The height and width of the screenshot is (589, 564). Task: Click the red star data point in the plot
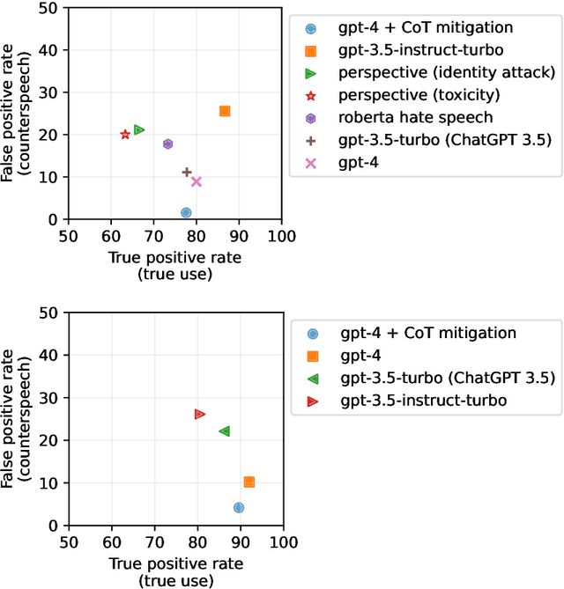(x=125, y=135)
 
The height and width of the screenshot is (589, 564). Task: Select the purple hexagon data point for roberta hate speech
(x=167, y=144)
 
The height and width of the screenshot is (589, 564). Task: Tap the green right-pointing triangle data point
(x=138, y=129)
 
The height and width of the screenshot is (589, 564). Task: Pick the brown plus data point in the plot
(x=187, y=173)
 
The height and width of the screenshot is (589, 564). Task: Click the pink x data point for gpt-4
(x=197, y=181)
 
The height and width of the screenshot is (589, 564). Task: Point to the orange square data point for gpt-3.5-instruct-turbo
(x=225, y=111)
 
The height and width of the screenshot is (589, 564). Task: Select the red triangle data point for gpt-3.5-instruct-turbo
(x=199, y=414)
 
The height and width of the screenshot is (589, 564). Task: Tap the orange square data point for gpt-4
(x=249, y=482)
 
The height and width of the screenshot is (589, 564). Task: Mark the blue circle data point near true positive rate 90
(x=238, y=508)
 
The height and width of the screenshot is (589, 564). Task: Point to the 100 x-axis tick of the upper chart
(x=281, y=236)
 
